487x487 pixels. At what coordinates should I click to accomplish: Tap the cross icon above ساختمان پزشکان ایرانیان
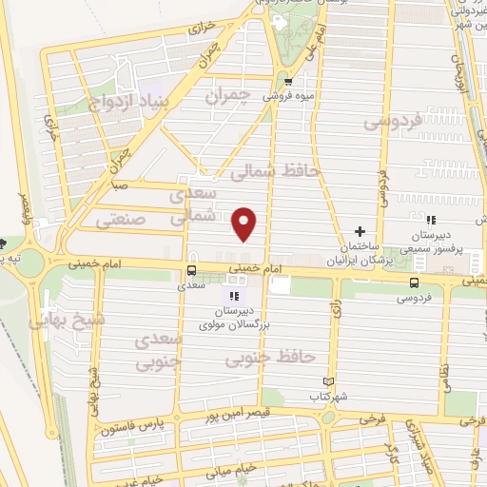click(x=360, y=231)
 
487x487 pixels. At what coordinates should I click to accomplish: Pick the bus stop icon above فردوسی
click(x=414, y=282)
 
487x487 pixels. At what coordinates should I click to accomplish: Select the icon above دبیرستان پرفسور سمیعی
click(x=430, y=221)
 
